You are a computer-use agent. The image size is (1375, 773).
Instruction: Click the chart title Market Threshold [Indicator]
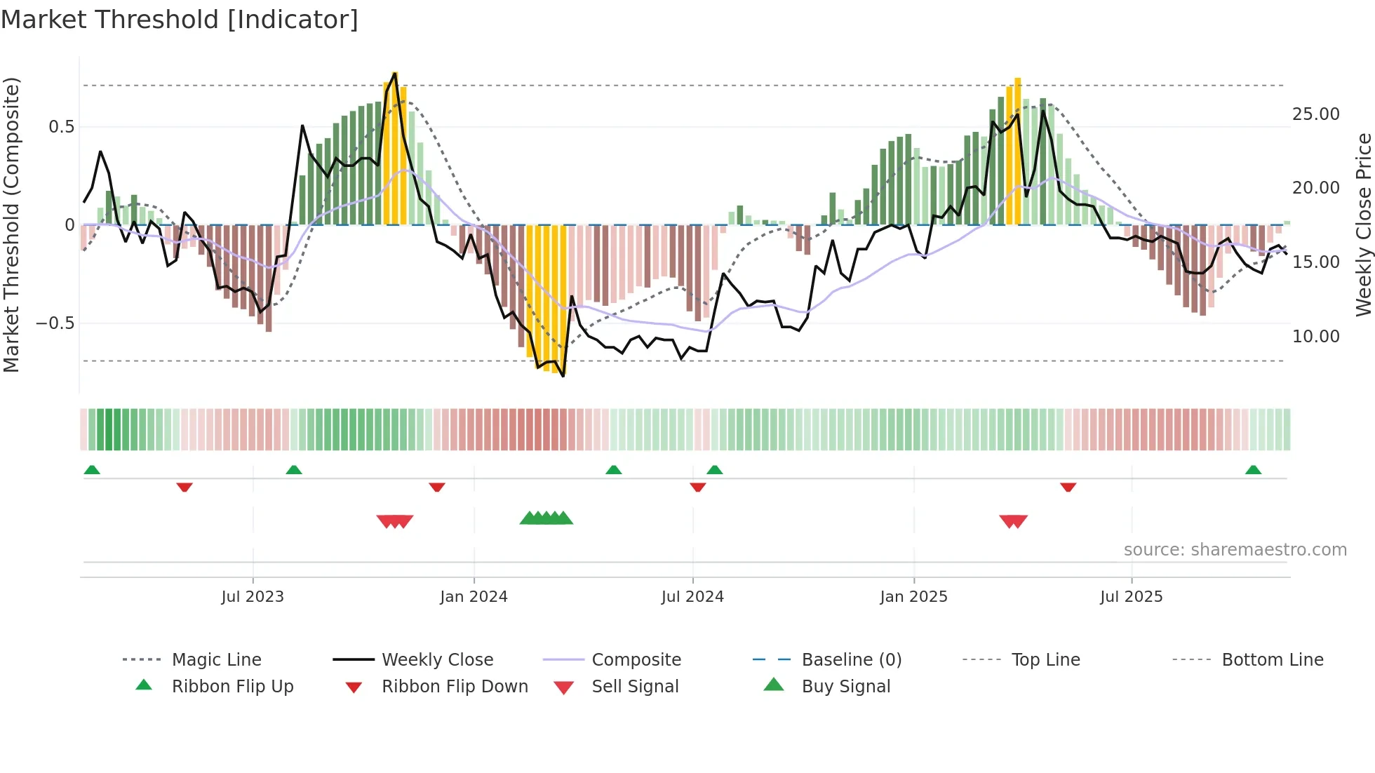(180, 20)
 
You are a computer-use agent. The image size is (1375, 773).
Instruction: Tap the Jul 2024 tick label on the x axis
(692, 597)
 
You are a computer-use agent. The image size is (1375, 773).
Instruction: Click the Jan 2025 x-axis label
(913, 597)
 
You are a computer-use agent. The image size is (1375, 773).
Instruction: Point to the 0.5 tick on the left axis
(61, 127)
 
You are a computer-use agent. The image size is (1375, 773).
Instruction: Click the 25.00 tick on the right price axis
(1315, 114)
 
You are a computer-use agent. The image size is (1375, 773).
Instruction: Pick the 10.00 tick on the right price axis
(1315, 337)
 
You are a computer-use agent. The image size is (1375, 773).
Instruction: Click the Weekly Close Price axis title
(1363, 224)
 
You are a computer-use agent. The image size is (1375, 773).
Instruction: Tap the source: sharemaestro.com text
(1235, 550)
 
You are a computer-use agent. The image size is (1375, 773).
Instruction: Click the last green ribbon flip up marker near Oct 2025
(1253, 470)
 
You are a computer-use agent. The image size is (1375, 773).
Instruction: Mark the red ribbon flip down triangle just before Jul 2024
(697, 487)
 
